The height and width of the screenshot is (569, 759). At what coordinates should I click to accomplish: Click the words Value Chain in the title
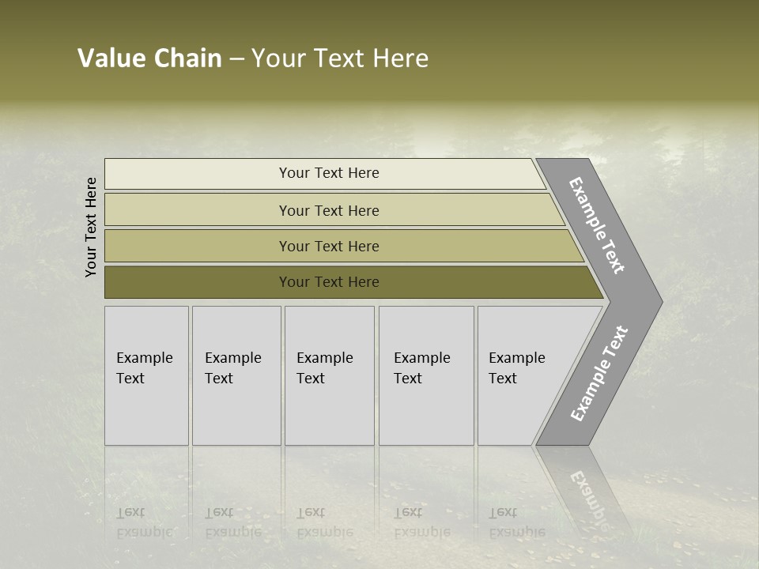149,58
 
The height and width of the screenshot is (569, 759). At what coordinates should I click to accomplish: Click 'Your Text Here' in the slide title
340,58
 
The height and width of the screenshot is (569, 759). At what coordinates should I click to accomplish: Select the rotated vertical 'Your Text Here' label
92,227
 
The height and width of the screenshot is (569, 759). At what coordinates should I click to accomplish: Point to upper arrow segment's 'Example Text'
597,225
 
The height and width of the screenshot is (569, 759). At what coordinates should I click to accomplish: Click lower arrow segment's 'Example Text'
599,374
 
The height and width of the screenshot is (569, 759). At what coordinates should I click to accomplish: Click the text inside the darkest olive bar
329,282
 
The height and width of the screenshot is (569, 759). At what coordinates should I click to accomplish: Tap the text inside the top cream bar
329,173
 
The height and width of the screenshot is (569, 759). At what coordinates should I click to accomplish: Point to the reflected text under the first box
143,523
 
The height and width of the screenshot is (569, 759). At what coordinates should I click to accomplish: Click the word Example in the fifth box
516,358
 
